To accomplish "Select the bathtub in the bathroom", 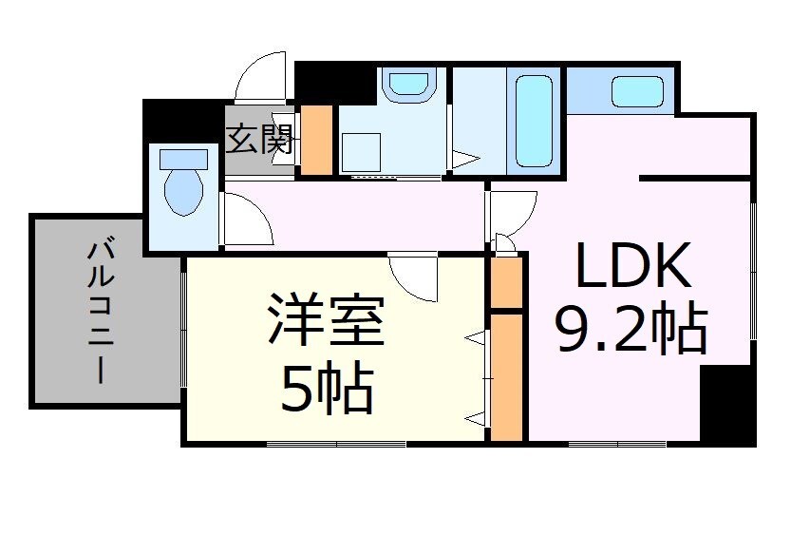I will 535,120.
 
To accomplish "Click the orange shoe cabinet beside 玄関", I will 316,139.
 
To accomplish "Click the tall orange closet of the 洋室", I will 507,376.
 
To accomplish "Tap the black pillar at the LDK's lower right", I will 727,403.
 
